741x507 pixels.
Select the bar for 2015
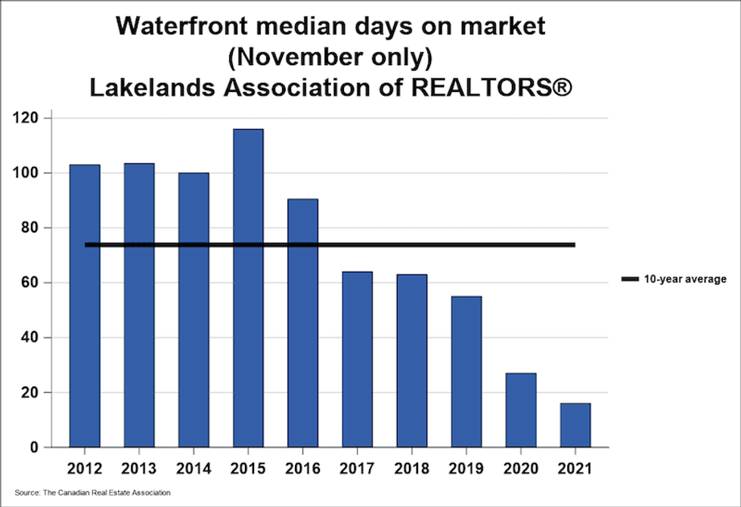(248, 287)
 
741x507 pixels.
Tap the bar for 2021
(575, 425)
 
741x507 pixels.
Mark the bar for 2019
(467, 371)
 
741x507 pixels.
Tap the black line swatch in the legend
(630, 280)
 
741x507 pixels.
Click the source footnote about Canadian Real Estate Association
(92, 493)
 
